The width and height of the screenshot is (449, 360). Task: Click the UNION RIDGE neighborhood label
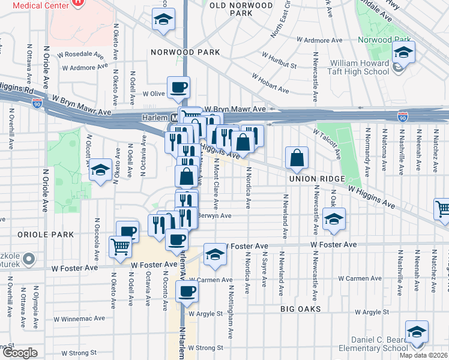317,179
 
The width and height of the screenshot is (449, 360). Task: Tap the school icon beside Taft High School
404,52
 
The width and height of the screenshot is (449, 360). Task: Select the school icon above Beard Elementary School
417,332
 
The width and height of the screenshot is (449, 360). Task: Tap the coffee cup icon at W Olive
178,88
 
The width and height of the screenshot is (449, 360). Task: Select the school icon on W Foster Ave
214,254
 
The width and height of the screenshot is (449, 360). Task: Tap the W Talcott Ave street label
327,143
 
